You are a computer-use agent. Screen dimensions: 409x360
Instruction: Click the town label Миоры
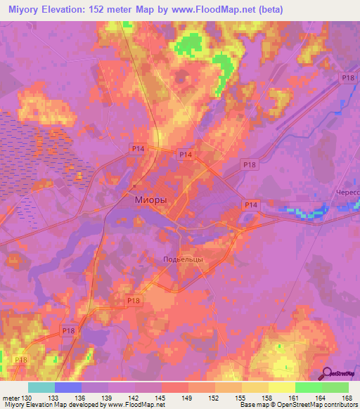coord(150,200)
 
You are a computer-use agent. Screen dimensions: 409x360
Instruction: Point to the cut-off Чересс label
coord(345,193)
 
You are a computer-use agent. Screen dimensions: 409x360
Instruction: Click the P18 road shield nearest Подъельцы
coord(134,301)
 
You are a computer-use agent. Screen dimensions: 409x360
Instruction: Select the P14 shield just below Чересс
coord(252,204)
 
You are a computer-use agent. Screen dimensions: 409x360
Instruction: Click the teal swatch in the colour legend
coord(41,387)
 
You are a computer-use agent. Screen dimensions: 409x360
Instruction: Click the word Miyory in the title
coord(23,10)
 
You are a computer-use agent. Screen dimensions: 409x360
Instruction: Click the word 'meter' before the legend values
coord(11,398)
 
